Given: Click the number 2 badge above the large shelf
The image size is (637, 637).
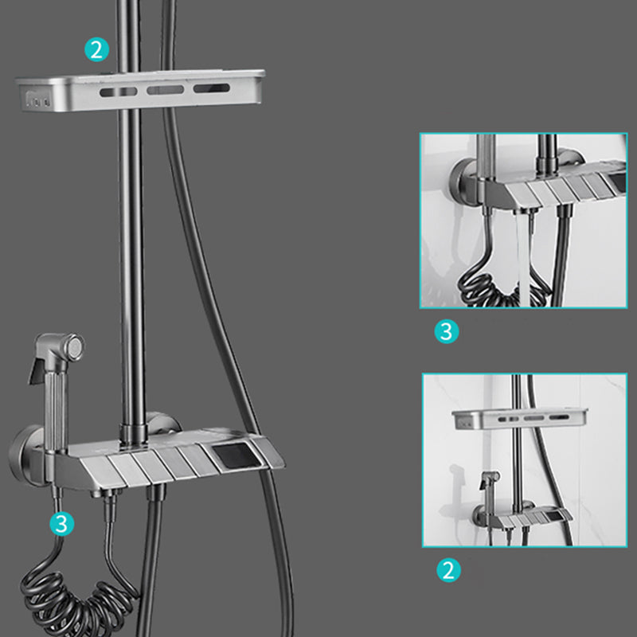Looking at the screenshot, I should [96, 50].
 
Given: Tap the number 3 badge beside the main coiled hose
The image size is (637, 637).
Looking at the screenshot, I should [62, 523].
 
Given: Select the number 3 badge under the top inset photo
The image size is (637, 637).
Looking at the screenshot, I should [447, 331].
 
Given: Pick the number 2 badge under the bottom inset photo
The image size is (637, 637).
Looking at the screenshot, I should [448, 570].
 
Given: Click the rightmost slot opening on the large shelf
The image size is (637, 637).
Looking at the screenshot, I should [211, 90].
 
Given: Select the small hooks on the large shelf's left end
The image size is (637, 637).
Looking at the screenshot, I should [36, 101].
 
